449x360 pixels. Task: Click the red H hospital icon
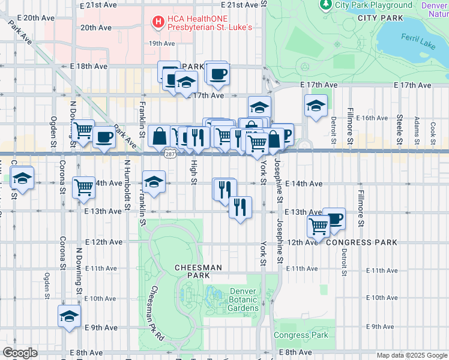158,22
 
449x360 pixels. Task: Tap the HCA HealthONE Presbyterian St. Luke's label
209,22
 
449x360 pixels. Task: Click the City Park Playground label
373,5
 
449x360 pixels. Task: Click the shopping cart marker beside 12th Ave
318,226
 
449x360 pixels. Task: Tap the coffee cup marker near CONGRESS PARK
334,218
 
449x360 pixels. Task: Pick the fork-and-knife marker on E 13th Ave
240,208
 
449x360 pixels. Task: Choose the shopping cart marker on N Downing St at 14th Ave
83,187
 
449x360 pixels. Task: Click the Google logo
20,353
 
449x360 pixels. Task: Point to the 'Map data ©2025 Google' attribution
412,355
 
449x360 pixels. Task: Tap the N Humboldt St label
127,180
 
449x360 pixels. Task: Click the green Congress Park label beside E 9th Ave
301,335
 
